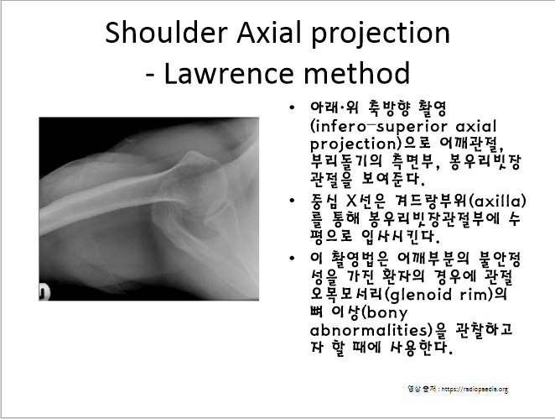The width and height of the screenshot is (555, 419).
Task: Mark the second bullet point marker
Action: click(291, 201)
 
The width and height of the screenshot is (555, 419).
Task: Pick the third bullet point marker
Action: click(291, 256)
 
